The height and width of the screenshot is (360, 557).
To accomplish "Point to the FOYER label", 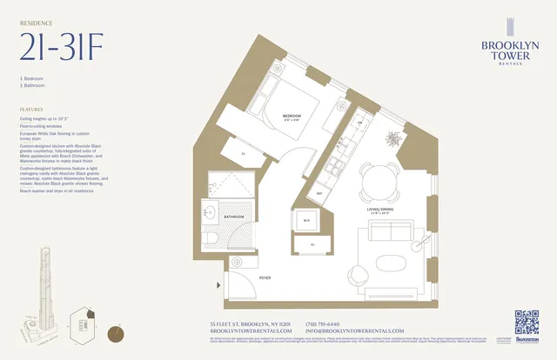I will pyautogui.click(x=265, y=277).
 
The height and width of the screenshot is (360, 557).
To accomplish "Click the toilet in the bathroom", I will pyautogui.click(x=214, y=241).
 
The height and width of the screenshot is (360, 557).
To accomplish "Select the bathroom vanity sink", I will pyautogui.click(x=212, y=210).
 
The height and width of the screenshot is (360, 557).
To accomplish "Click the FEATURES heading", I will pyautogui.click(x=31, y=110).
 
